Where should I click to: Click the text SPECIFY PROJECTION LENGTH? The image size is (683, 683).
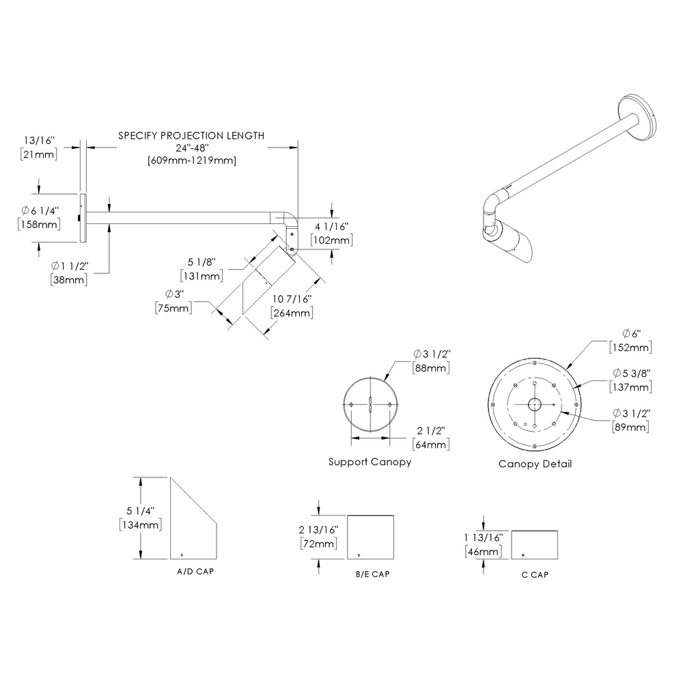coord(191,135)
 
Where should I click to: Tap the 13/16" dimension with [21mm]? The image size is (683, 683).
coord(39,148)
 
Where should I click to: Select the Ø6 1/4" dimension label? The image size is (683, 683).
coord(39,217)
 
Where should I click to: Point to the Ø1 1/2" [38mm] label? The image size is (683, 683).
coord(70,271)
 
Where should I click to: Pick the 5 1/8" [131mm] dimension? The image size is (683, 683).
coord(201,268)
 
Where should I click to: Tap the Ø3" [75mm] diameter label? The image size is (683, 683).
coord(173,301)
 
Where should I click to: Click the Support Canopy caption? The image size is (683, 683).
coord(370,462)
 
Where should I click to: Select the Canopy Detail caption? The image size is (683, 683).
coord(535,464)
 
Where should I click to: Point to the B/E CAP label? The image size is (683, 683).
coord(372,574)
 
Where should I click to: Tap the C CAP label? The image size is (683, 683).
coord(534,574)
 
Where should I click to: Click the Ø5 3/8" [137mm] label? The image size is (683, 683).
coord(630,380)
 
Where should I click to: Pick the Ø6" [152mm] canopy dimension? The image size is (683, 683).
coord(630,340)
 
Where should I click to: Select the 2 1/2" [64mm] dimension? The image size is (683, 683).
coord(431,438)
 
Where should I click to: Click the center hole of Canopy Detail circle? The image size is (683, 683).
coord(534,405)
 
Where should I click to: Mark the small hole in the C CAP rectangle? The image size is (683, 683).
coord(523,554)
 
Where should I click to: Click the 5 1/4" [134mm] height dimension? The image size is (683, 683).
coord(141,518)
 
